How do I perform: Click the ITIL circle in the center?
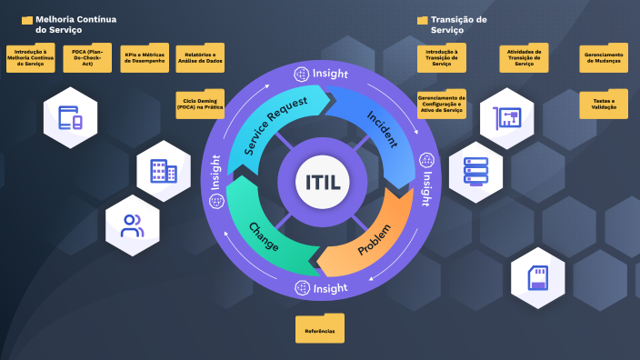[x=319, y=182]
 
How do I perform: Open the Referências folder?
[x=320, y=329]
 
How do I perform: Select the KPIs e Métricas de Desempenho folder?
[x=145, y=59]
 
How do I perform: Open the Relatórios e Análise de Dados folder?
[x=200, y=59]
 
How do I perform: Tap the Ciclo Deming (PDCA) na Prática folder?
[x=200, y=104]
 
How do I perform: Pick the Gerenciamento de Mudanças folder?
[x=602, y=59]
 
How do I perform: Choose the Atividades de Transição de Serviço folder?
[x=524, y=59]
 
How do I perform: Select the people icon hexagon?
[x=133, y=225]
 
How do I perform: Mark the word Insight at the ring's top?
[x=329, y=73]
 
